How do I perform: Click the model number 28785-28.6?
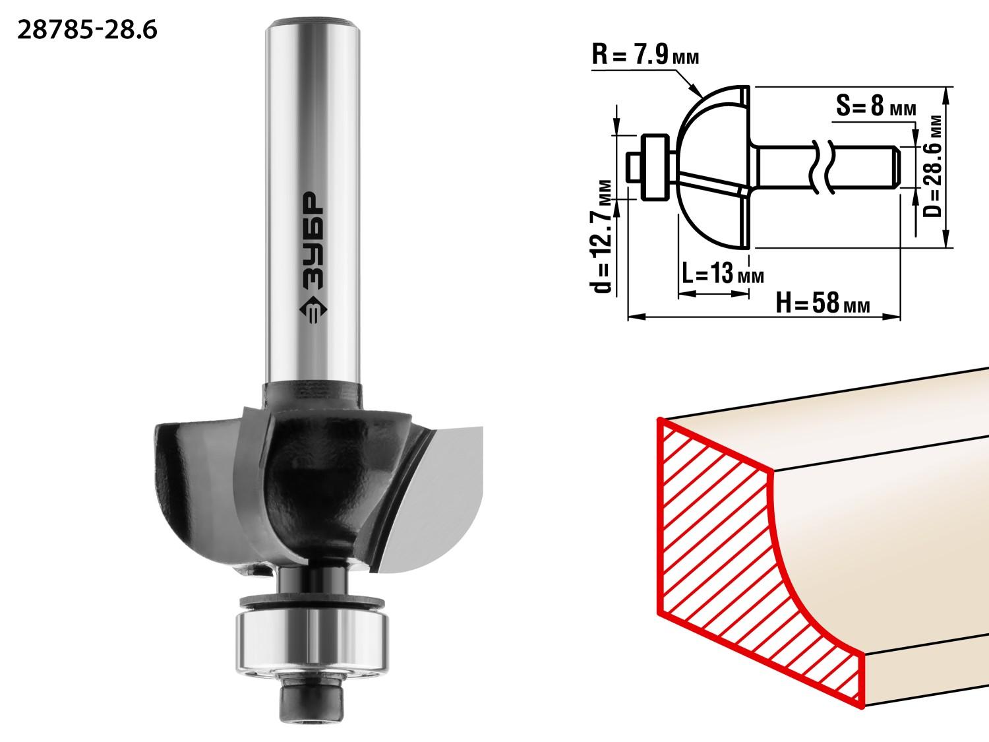[88, 30]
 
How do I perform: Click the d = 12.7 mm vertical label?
[602, 236]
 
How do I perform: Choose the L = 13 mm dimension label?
[723, 272]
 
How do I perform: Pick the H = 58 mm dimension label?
[823, 302]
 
